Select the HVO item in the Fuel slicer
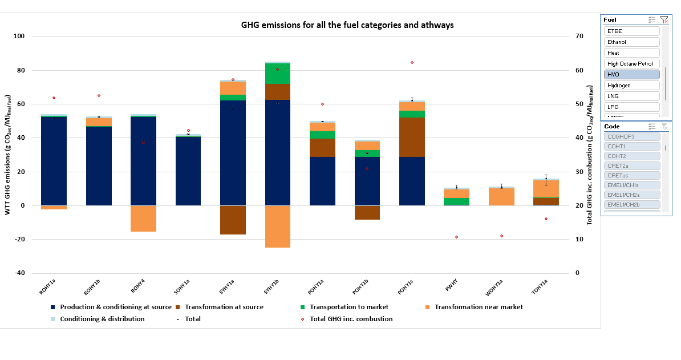click(x=631, y=75)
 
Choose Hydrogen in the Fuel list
click(x=631, y=86)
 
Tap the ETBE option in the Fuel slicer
click(x=631, y=31)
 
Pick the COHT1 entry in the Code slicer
click(x=632, y=147)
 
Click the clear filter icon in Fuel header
click(x=664, y=19)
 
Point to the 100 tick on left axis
click(x=19, y=37)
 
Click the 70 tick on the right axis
click(x=579, y=37)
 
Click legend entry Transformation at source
click(x=224, y=307)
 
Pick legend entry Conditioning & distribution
click(x=102, y=319)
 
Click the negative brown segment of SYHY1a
click(x=233, y=220)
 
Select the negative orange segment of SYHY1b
click(x=277, y=226)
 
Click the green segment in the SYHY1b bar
click(x=277, y=74)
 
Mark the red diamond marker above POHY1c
click(x=412, y=62)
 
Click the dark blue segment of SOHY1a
click(x=188, y=171)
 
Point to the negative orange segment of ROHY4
click(x=143, y=219)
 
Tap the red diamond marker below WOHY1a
click(x=501, y=236)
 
